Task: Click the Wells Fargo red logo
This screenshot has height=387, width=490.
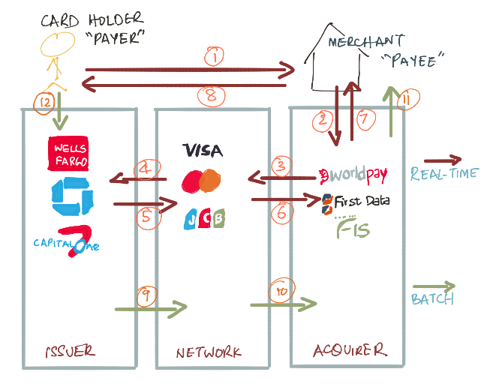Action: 68,153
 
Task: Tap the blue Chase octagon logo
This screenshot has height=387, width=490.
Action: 73,196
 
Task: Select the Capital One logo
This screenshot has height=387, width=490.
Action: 67,241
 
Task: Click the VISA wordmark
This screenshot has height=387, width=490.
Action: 203,150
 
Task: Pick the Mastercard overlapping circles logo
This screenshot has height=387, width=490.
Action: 201,181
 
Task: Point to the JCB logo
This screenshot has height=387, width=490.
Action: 204,219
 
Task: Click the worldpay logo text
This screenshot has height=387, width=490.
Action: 353,175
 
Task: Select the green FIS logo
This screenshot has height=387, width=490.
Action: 353,227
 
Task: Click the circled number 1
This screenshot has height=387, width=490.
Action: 215,56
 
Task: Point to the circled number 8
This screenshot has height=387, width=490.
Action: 212,95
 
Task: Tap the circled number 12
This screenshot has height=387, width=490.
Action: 44,103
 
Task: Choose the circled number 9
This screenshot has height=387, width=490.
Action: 146,295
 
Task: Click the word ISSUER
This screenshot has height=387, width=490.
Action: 71,352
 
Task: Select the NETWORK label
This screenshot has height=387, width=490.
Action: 209,352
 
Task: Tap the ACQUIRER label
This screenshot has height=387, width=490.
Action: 350,350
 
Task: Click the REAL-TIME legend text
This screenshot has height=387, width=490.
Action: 444,173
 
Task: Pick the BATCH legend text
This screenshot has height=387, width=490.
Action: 432,299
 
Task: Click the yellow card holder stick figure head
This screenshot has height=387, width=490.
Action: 58,44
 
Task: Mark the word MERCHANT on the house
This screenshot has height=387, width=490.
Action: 366,41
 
